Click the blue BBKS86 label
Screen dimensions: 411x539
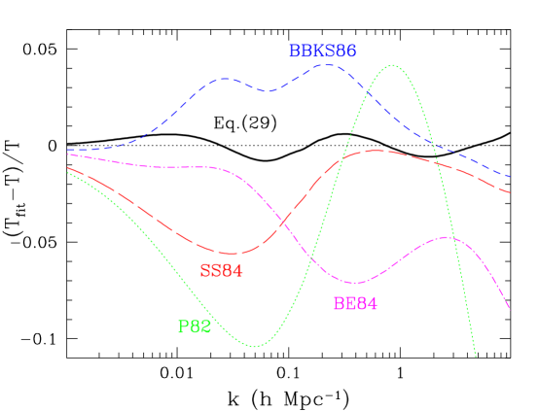[x=322, y=51]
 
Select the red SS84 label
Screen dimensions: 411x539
[x=221, y=271]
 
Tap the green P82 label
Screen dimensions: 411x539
[x=195, y=326]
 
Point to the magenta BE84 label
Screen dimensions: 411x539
[x=355, y=303]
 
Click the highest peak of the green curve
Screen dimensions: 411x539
[x=393, y=66]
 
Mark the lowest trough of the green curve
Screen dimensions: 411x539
[x=255, y=345]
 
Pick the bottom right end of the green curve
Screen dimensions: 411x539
[x=476, y=357]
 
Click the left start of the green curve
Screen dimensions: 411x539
[x=67, y=173]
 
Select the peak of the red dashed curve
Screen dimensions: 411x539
[x=377, y=151]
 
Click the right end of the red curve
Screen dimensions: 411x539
[x=511, y=192]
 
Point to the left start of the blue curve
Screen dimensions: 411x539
[x=67, y=151]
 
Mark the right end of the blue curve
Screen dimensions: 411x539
[x=511, y=178]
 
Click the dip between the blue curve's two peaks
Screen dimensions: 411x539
[x=269, y=91]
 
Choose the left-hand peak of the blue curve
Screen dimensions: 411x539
[x=226, y=78]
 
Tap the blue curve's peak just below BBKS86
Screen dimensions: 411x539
[x=328, y=64]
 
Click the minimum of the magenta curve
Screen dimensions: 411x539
[x=356, y=283]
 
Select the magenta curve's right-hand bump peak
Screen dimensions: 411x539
[x=447, y=237]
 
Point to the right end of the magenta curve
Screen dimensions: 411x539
[x=511, y=310]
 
